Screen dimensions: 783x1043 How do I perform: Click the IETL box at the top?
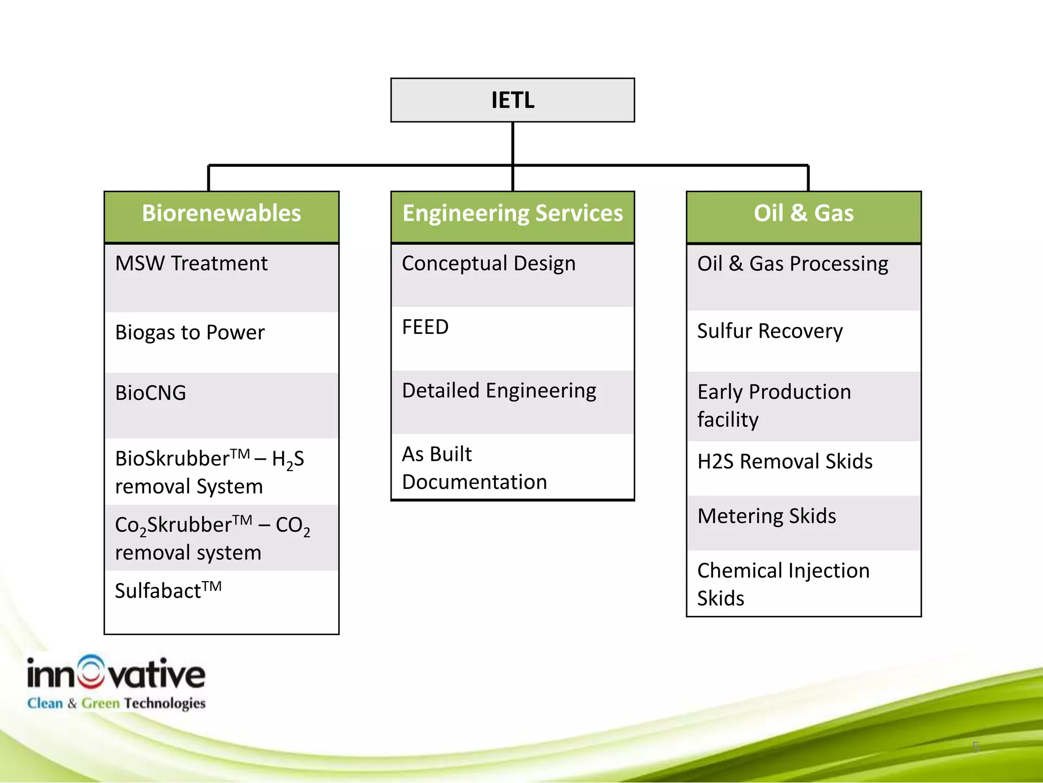tap(512, 100)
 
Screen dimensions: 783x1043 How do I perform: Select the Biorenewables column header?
tap(221, 214)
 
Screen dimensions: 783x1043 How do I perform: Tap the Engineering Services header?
tap(512, 214)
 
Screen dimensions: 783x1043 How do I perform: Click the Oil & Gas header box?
tap(803, 214)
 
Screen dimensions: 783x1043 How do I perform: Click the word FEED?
tap(425, 327)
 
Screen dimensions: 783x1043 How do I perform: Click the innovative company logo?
tap(116, 682)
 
